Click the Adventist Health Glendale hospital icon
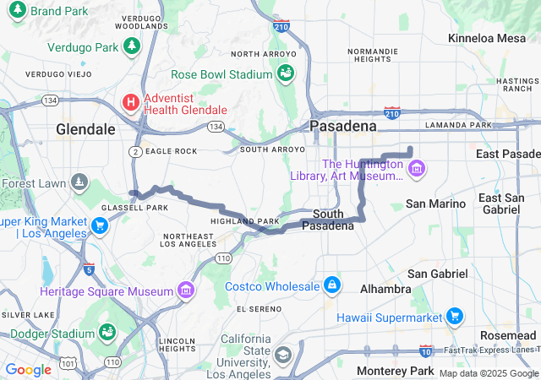click(131, 102)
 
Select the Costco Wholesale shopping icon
click(333, 285)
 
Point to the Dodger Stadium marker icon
click(107, 332)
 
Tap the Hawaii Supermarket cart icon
click(456, 317)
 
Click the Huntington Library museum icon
click(415, 170)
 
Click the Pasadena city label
click(342, 126)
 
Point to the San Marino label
click(435, 204)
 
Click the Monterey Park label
click(395, 371)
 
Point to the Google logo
click(28, 369)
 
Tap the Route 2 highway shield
click(137, 150)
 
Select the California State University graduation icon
click(281, 354)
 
